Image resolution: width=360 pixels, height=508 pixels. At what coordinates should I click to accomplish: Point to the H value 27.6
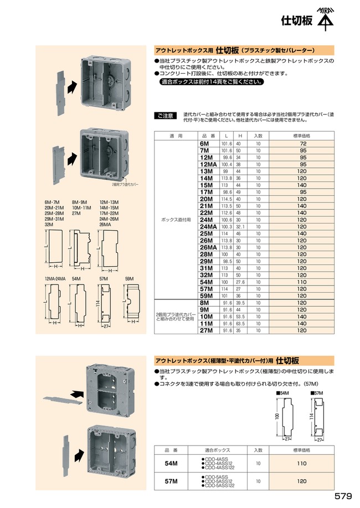(240, 281)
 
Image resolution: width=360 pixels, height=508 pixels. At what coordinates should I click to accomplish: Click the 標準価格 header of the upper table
(301, 135)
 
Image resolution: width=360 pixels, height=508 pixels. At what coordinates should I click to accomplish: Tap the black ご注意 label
(164, 116)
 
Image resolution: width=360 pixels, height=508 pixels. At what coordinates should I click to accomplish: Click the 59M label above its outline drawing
(129, 278)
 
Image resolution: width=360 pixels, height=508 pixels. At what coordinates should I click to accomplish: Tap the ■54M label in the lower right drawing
(284, 392)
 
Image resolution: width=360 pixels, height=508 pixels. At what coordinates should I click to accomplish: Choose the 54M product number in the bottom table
(172, 463)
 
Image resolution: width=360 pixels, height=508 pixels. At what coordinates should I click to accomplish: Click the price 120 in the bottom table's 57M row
(302, 481)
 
